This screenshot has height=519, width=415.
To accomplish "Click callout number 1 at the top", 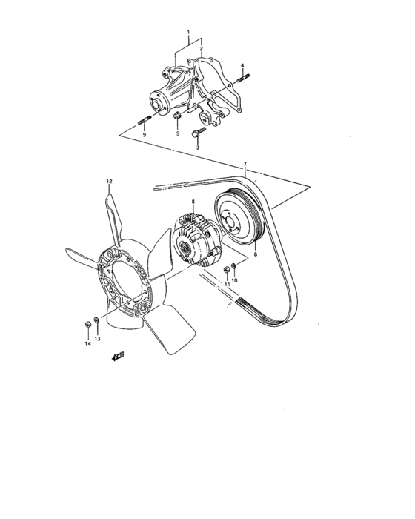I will coord(189,33).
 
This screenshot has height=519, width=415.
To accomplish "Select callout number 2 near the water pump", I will coord(200,49).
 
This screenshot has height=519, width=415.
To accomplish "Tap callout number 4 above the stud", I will coord(242,66).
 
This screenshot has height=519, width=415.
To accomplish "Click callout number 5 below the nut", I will coord(178,134).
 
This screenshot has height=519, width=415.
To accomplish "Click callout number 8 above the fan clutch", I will coord(193,202).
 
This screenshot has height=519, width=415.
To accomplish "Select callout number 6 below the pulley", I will coord(255,254).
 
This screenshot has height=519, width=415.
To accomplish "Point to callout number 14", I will coord(87,343).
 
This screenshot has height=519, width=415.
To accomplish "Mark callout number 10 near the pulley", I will coord(234,280).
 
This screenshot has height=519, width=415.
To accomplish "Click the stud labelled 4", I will coord(244,77).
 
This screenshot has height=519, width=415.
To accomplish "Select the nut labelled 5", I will coord(176,118).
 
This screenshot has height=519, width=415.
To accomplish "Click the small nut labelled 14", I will coord(87,324).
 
